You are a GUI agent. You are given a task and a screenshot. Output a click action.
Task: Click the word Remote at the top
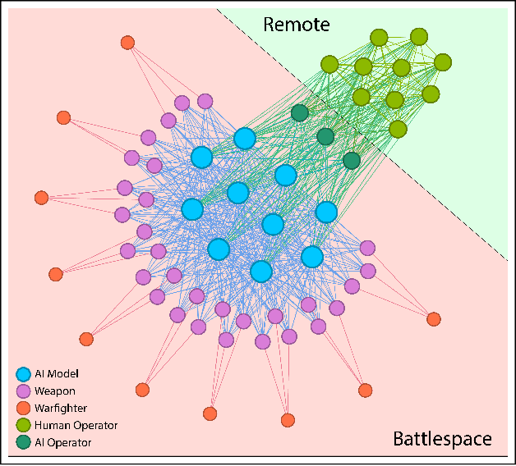point(296,25)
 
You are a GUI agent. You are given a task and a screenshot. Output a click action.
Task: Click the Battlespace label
point(441,439)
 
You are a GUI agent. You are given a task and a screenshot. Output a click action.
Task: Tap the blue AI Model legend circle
point(24,374)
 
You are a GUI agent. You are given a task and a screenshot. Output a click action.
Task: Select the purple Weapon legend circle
point(24,391)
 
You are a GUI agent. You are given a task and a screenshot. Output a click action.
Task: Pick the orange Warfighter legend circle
point(24,409)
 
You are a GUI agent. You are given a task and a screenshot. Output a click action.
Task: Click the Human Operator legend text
point(76,425)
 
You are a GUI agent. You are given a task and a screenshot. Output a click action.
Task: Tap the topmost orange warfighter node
point(127,42)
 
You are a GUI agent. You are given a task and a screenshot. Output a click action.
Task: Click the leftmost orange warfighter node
point(42,197)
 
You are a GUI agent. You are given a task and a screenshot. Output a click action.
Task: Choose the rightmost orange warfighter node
point(434,318)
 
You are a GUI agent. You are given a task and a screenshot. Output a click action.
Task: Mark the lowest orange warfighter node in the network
point(288,420)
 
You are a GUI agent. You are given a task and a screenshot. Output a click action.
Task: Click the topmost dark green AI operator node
point(300,112)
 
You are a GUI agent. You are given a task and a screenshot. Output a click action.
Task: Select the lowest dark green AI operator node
point(352,161)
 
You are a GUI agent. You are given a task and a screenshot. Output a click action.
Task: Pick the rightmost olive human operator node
point(443,62)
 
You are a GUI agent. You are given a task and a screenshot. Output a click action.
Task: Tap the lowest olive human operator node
point(398,129)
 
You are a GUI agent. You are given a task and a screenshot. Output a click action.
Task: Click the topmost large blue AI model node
point(245,139)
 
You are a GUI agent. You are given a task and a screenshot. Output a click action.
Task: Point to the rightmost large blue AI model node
point(326,212)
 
